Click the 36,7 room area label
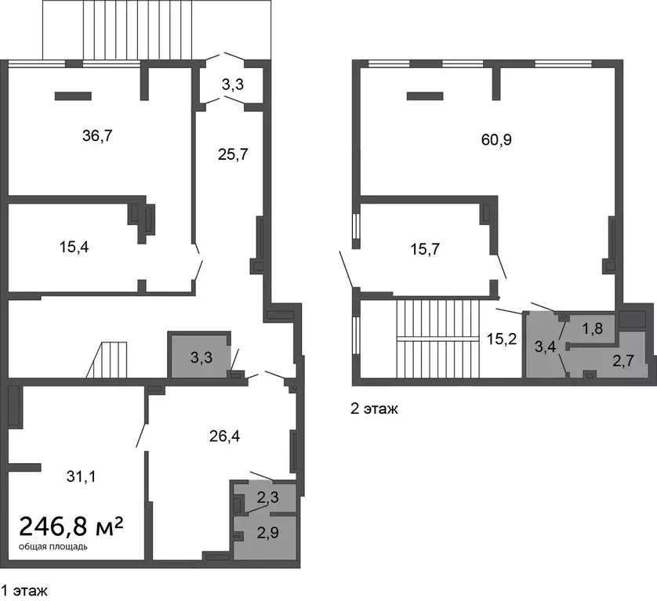click(x=97, y=136)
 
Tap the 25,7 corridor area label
click(x=233, y=154)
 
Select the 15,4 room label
click(x=74, y=247)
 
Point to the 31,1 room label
click(x=81, y=476)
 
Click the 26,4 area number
click(x=224, y=436)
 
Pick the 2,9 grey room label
click(x=268, y=533)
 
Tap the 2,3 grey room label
click(x=268, y=498)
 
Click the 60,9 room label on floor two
click(x=496, y=139)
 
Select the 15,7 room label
click(x=424, y=249)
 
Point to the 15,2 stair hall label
click(x=502, y=339)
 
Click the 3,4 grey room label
click(x=545, y=346)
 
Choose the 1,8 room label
click(x=592, y=328)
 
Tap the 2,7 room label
click(x=623, y=360)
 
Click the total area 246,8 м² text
click(x=71, y=526)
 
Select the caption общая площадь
click(x=53, y=547)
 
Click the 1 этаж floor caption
click(x=24, y=591)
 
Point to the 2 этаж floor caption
click(x=374, y=409)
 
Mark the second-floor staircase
click(x=437, y=339)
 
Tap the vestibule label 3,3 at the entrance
click(x=233, y=85)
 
